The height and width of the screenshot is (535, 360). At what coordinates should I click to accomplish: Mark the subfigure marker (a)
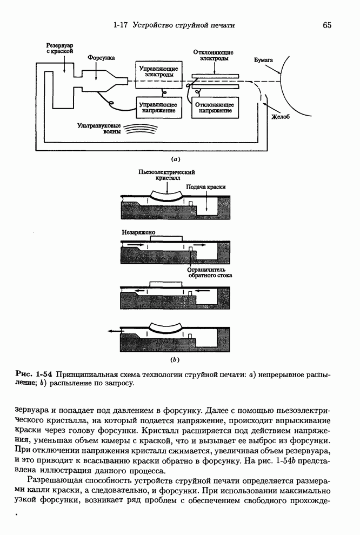175,159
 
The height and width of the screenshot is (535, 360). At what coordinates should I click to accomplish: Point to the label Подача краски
205,186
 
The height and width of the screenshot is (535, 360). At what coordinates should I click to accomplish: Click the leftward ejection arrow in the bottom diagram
114,331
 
